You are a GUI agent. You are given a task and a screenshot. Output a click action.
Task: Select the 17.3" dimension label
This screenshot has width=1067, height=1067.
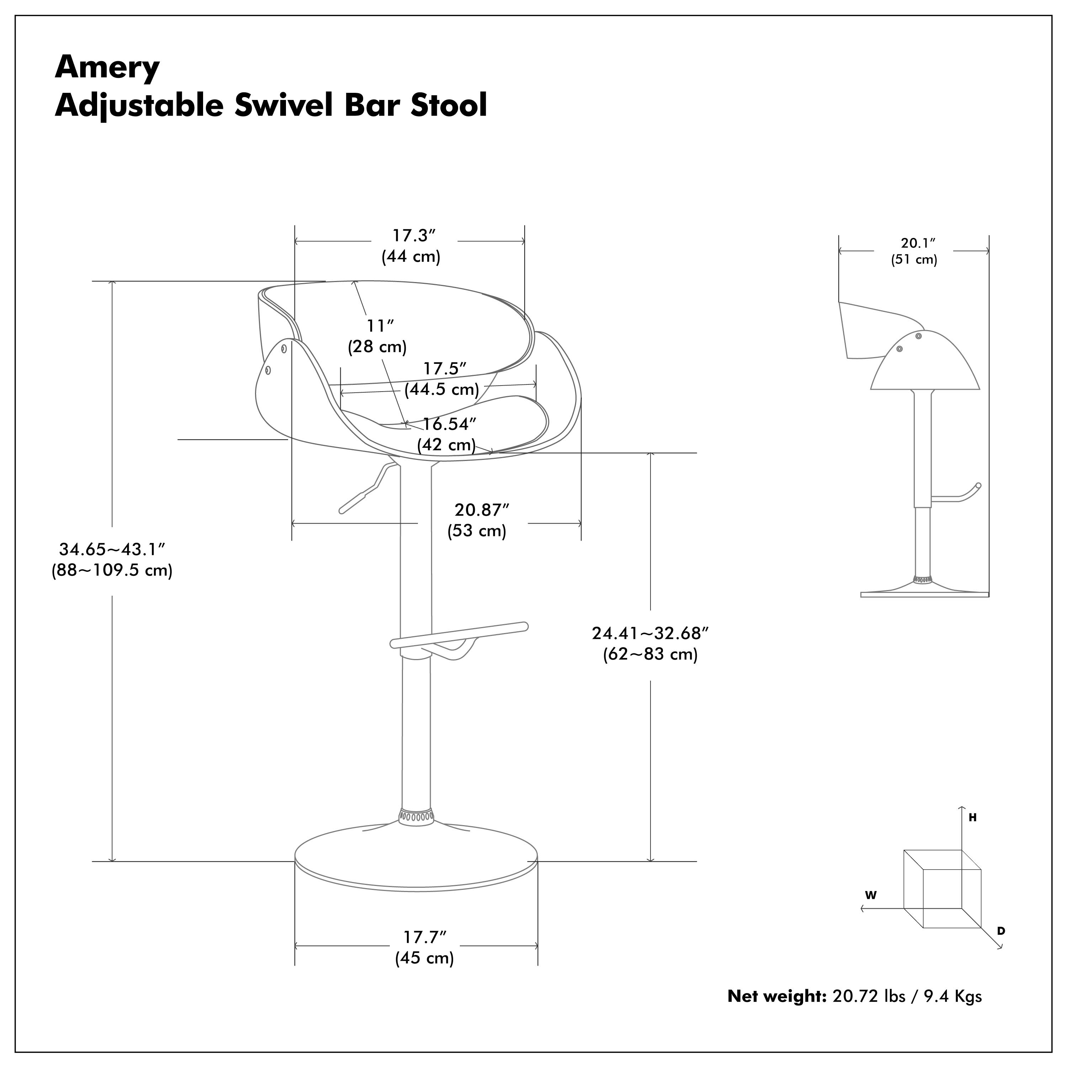[414, 236]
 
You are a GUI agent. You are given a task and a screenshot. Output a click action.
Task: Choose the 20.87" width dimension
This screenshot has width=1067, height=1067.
[481, 510]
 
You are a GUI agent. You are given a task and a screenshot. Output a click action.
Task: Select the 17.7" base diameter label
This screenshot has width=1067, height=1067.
[424, 937]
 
